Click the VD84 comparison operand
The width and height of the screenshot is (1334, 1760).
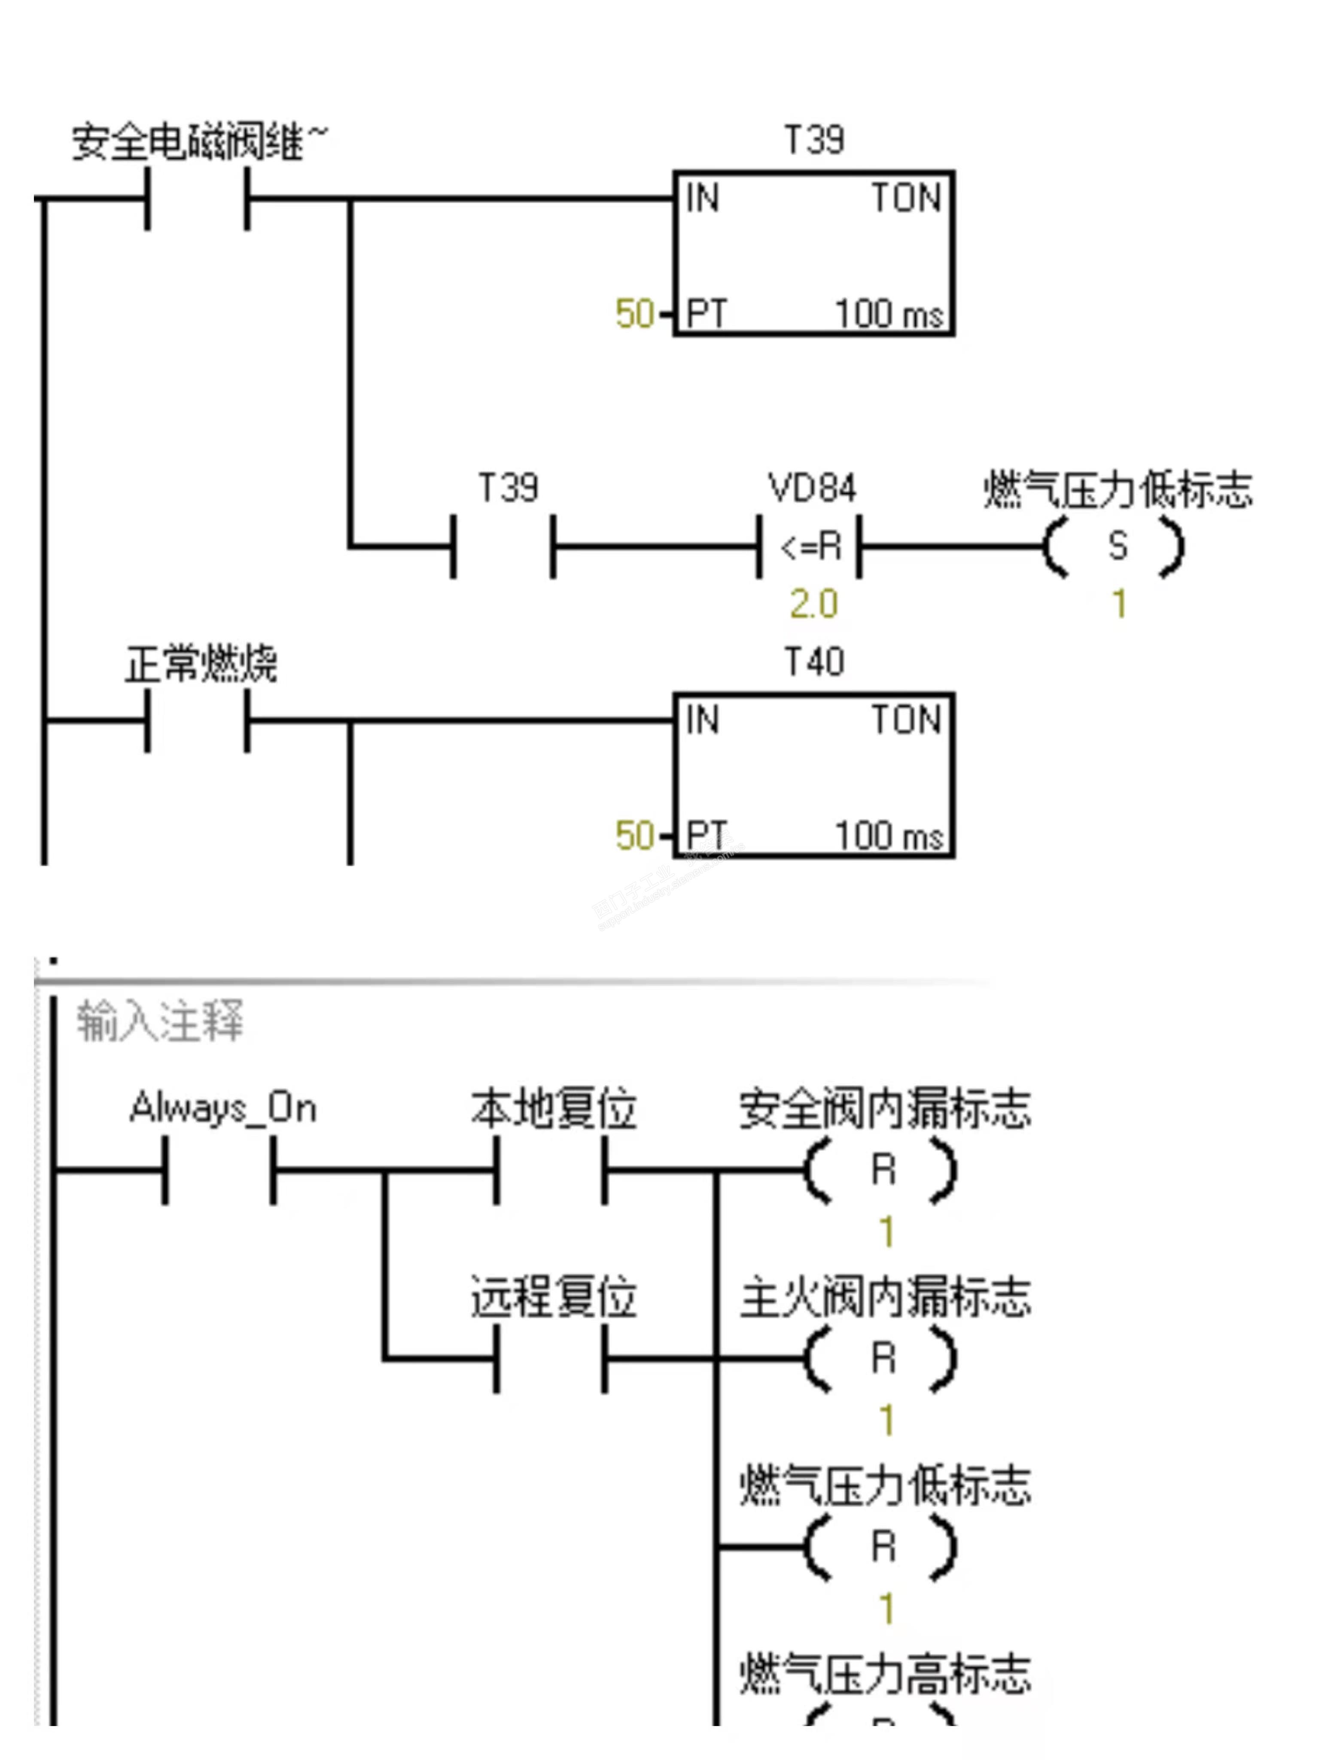click(x=811, y=488)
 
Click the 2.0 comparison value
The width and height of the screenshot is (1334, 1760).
click(x=813, y=604)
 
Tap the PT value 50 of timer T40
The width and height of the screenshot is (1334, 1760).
click(x=634, y=835)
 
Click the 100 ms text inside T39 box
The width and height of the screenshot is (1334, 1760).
click(x=889, y=314)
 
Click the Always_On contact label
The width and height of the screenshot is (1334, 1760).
click(x=223, y=1108)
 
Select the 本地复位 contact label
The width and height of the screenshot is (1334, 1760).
click(x=554, y=1108)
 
